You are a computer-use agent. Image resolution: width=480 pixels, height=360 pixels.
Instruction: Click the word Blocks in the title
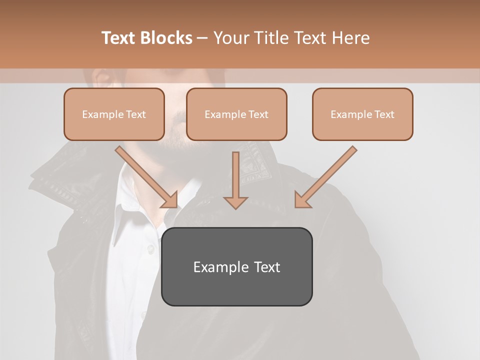167,38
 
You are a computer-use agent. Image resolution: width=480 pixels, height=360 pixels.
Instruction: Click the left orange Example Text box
114,114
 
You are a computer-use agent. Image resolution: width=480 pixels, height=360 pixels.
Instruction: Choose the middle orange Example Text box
236,114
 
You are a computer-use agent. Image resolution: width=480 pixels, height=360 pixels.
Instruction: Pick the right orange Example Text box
362,114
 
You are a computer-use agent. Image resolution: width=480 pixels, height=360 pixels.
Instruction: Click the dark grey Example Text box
236,266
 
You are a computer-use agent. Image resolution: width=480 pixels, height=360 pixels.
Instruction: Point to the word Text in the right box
384,114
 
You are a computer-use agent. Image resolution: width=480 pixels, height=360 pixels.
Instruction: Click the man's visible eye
101,78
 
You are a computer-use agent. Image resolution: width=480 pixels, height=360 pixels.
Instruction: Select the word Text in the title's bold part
119,38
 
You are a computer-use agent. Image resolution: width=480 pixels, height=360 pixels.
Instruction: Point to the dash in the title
202,38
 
